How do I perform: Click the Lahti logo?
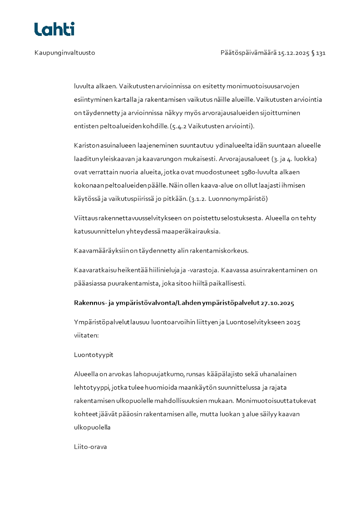click(x=54, y=29)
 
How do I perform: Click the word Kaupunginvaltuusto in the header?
click(x=64, y=53)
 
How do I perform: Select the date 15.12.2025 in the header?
click(x=293, y=53)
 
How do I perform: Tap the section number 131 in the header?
click(x=321, y=53)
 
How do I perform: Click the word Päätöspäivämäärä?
click(x=248, y=53)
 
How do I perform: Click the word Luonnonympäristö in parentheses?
click(x=243, y=198)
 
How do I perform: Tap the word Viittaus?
click(x=85, y=218)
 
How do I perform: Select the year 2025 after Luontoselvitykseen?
click(x=293, y=322)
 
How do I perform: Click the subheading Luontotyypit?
click(x=94, y=355)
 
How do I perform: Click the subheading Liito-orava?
click(x=90, y=447)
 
